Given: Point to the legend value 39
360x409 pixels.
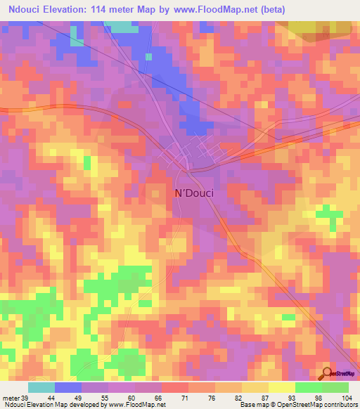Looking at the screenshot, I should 25,397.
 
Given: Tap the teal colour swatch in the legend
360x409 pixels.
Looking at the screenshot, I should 41,387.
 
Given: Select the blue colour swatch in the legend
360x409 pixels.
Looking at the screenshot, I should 68,387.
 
